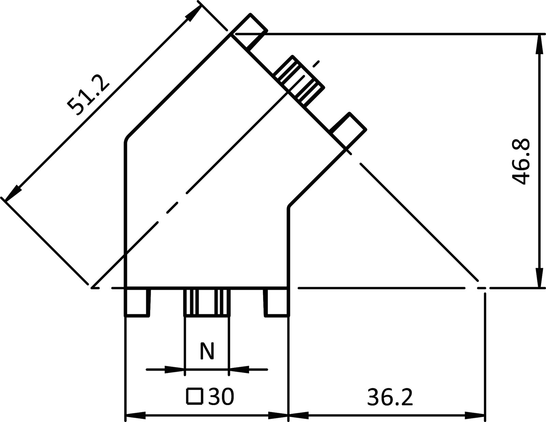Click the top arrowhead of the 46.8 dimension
tap(539, 43)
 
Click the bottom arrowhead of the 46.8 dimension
tap(539, 278)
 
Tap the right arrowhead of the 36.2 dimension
tap(476, 416)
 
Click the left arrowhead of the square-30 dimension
tap(135, 416)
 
